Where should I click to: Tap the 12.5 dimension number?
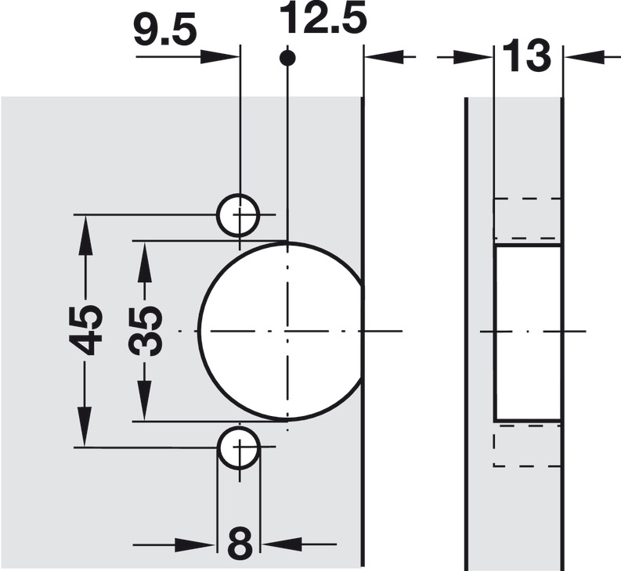point(323,18)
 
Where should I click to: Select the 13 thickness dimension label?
point(527,56)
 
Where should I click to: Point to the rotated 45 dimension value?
point(86,329)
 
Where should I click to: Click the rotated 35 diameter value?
point(146,331)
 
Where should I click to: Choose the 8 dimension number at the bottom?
point(240,544)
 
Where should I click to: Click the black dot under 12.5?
point(287,58)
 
